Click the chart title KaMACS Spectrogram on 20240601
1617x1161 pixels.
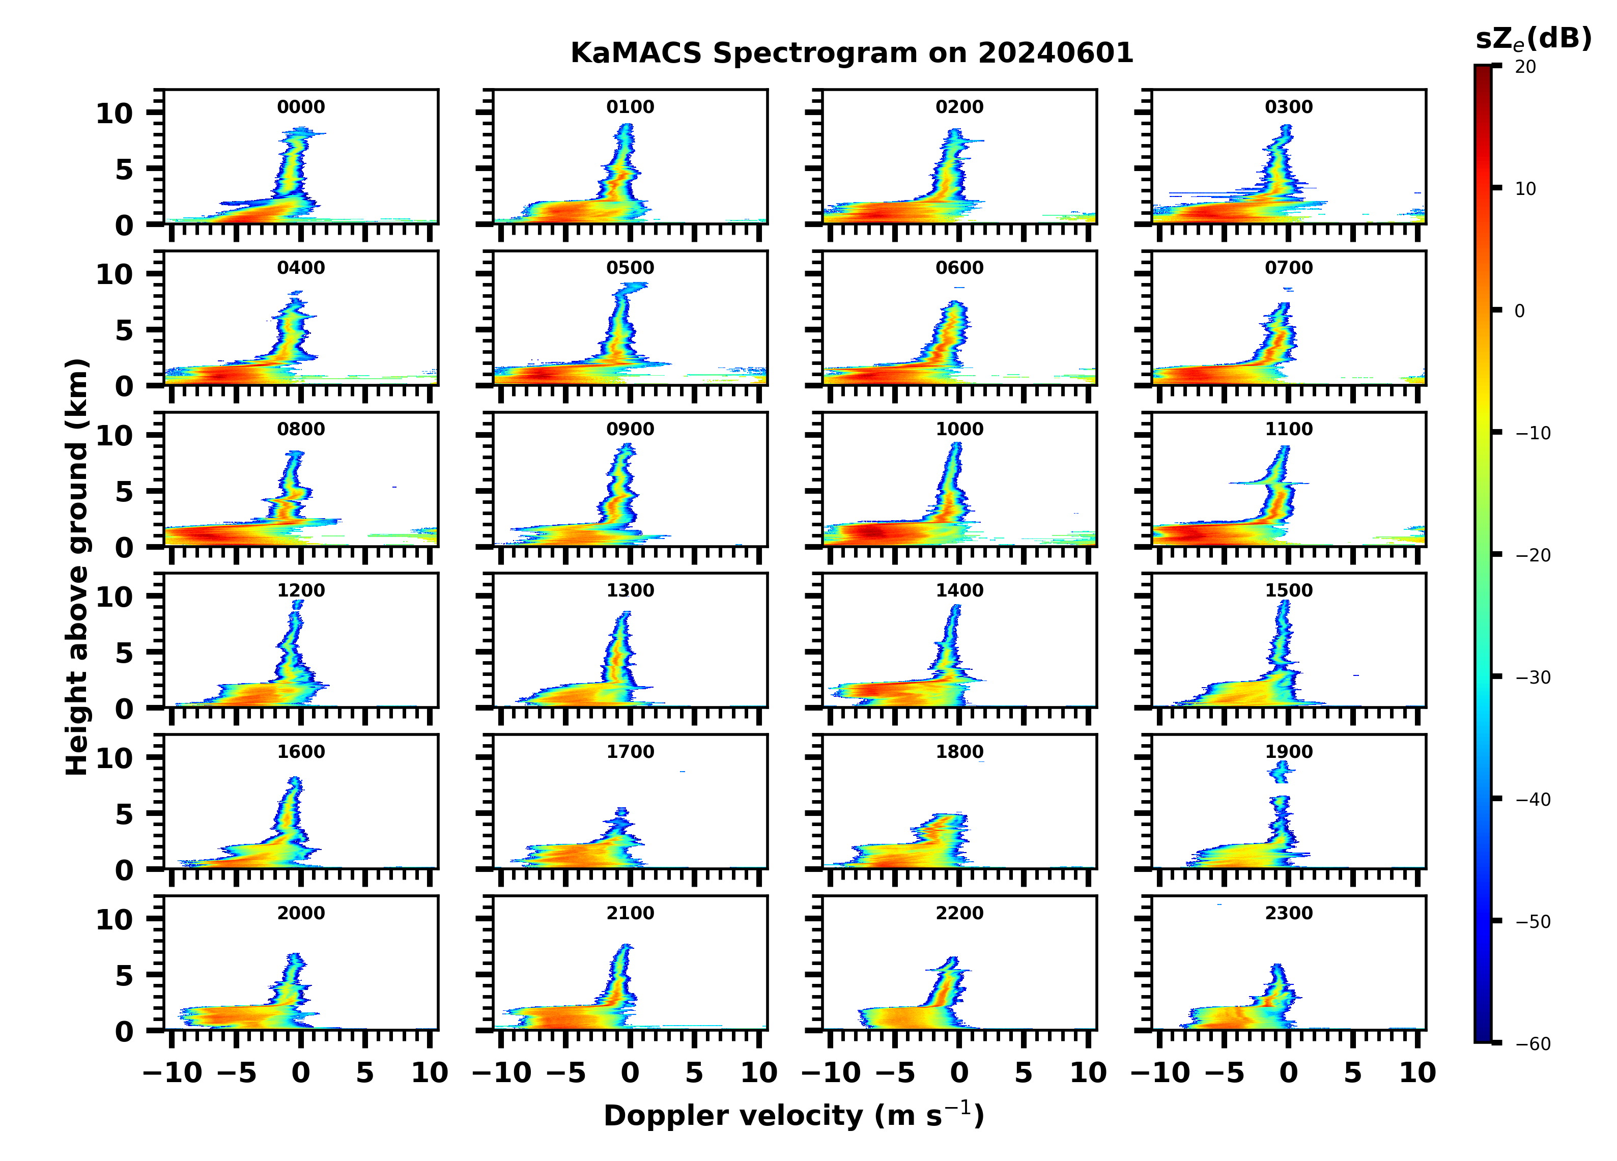click(852, 53)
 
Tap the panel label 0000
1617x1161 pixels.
click(301, 107)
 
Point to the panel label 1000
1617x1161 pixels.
click(959, 429)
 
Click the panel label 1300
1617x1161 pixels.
click(630, 590)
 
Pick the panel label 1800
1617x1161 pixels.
click(959, 752)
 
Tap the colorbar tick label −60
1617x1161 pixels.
click(1533, 1044)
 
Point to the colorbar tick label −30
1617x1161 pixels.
click(1533, 677)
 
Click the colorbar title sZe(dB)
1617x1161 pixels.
click(1533, 39)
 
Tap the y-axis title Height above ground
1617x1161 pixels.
click(77, 567)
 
